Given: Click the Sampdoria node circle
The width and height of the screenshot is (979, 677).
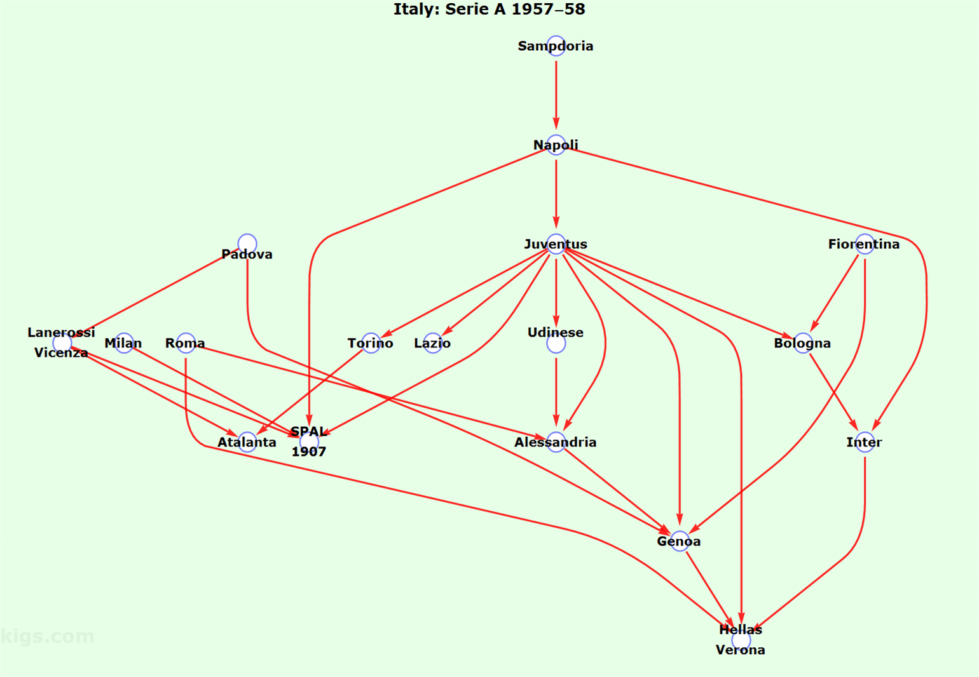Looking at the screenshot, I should pyautogui.click(x=556, y=46).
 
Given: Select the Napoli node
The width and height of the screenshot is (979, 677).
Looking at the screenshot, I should pyautogui.click(x=556, y=145).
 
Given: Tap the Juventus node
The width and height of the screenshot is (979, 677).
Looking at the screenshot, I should pyautogui.click(x=556, y=244).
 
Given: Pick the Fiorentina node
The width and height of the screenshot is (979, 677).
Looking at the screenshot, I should pyautogui.click(x=865, y=244).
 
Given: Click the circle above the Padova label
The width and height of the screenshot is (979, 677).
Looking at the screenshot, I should pyautogui.click(x=247, y=243).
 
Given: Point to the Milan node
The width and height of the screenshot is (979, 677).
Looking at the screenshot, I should pyautogui.click(x=124, y=343).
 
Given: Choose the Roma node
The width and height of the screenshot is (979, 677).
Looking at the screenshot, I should pyautogui.click(x=186, y=343).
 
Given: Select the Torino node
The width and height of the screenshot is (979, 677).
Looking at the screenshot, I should pyautogui.click(x=371, y=343).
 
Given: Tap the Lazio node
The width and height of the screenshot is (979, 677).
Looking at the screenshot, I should pyautogui.click(x=432, y=343).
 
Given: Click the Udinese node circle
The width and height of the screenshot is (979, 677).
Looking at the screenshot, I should pyautogui.click(x=556, y=344).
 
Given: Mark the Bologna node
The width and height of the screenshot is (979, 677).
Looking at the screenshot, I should pyautogui.click(x=802, y=343).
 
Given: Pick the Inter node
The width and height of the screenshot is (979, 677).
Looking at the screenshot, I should pyautogui.click(x=865, y=442).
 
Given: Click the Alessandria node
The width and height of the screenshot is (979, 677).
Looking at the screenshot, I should pyautogui.click(x=556, y=442).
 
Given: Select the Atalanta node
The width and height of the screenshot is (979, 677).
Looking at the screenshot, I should pyautogui.click(x=247, y=442).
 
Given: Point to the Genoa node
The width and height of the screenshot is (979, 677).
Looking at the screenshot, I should pyautogui.click(x=679, y=541).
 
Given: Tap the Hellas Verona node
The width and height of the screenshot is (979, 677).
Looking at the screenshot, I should pyautogui.click(x=741, y=640).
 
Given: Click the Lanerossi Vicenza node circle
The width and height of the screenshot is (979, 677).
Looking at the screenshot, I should pyautogui.click(x=62, y=343).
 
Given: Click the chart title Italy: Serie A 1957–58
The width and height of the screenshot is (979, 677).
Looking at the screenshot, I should pyautogui.click(x=489, y=10).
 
